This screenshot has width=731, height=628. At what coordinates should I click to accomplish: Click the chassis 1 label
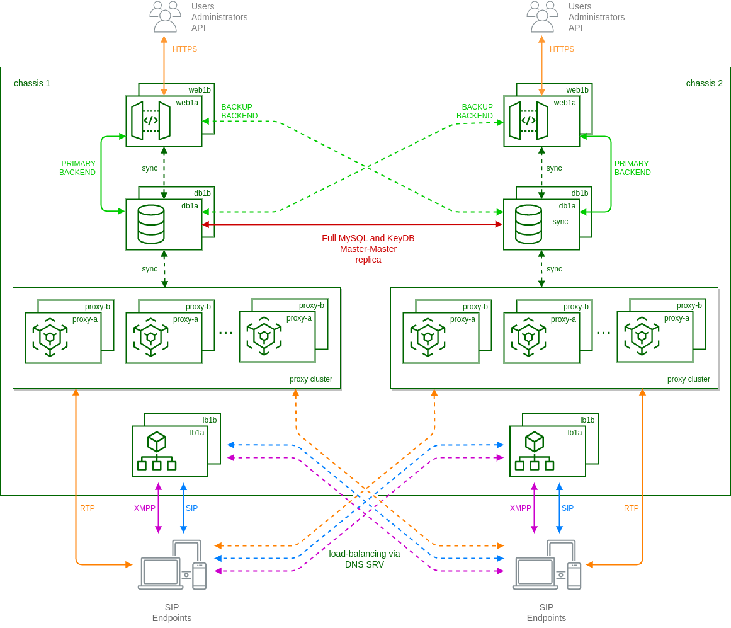click(32, 83)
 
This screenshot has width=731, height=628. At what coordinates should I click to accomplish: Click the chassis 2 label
click(704, 83)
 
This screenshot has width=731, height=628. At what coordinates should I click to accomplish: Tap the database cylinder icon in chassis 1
click(151, 224)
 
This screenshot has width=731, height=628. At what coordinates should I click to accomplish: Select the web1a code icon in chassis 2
click(528, 120)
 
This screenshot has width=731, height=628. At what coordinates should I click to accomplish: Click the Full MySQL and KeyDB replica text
click(368, 249)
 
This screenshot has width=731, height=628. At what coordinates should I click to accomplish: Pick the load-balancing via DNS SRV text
click(364, 559)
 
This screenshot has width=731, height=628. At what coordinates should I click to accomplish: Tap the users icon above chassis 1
click(165, 16)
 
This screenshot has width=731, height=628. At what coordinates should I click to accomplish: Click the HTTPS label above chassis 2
click(562, 49)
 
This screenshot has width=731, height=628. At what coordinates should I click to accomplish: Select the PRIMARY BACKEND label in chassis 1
click(78, 168)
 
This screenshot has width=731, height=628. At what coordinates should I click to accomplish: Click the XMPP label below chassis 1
click(145, 508)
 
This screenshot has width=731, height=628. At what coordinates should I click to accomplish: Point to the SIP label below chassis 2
click(567, 508)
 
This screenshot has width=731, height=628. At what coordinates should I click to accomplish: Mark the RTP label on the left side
click(88, 508)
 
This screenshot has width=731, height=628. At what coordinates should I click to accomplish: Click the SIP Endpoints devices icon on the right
click(547, 565)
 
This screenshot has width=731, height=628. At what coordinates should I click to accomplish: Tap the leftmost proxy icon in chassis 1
click(50, 338)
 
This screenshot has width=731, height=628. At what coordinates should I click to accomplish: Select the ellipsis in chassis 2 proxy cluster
click(603, 333)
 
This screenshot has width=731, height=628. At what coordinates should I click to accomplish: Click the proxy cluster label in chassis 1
click(311, 379)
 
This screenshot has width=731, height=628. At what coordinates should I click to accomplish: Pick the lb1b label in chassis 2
click(587, 420)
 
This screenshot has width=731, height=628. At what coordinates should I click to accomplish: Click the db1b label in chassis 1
click(202, 193)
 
